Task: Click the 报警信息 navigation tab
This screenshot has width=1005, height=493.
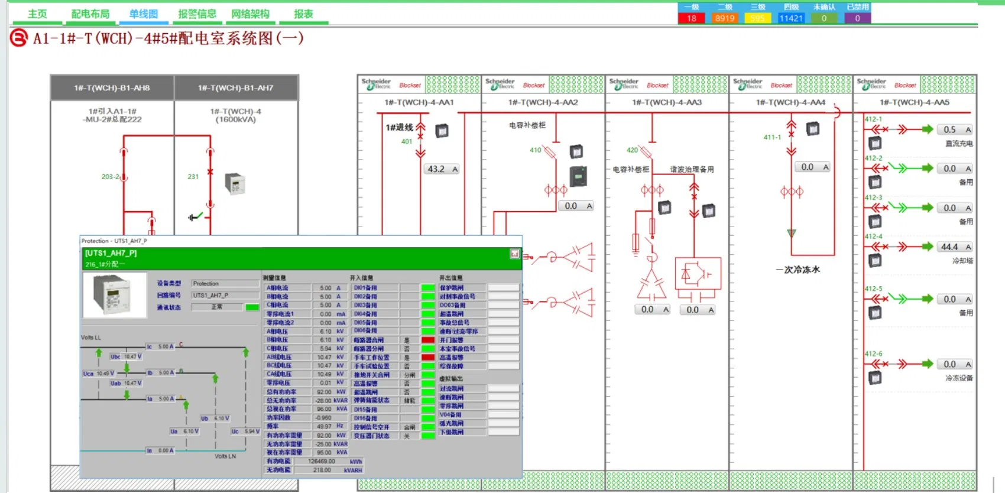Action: (197, 14)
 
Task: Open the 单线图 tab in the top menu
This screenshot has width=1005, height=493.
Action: (144, 14)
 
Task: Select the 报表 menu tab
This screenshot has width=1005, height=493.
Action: (303, 14)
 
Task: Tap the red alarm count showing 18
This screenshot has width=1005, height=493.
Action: (692, 18)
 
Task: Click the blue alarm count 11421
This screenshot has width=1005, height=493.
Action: (791, 18)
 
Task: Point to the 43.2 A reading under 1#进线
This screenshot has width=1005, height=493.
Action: (442, 169)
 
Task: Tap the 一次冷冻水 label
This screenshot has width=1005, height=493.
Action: (797, 270)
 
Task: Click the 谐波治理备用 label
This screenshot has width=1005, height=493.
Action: (692, 170)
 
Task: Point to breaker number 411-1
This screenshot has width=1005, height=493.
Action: (772, 137)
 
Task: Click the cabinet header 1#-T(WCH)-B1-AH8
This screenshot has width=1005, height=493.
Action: (112, 88)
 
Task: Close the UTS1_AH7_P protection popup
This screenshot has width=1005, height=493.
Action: (514, 254)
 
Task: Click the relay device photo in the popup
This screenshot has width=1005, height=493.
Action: (115, 295)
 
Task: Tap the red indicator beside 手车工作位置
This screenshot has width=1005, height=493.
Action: (428, 358)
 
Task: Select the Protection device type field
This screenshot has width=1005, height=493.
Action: (225, 284)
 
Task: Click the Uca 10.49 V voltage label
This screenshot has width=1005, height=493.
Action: (96, 374)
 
